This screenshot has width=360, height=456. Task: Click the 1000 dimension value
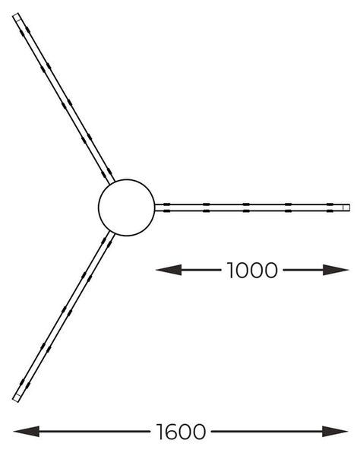pos(252,270)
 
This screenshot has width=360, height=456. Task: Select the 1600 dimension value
pos(181,431)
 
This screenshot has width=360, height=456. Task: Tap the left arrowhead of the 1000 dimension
pos(169,270)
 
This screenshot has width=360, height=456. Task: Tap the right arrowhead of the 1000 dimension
pos(336,270)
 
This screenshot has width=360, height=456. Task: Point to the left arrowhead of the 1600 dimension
pos(26,431)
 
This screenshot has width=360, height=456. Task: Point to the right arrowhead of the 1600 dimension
pos(335,431)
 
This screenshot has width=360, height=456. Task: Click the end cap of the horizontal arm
pos(346,207)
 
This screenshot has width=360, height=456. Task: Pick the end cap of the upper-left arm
pos(17,17)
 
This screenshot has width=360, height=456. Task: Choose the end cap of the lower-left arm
pos(17,397)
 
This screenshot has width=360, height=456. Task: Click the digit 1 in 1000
pos(230,270)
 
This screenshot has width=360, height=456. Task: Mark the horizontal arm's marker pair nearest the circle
pos(166,207)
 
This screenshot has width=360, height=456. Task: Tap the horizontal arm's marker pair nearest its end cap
pos(330,207)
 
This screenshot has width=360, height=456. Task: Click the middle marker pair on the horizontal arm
pos(246,207)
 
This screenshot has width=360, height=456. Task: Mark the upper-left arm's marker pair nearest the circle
pos(106,173)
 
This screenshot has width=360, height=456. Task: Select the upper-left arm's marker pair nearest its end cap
pos(25,31)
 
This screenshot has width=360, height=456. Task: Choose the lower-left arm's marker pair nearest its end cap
pos(25,384)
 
